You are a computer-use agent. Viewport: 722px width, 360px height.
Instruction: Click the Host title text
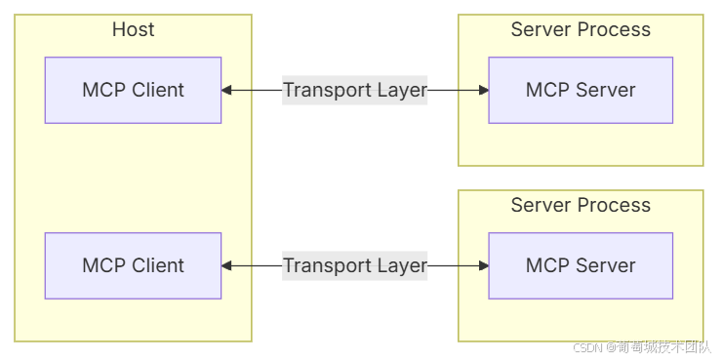pos(133,29)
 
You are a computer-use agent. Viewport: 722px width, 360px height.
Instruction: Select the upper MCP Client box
pos(133,90)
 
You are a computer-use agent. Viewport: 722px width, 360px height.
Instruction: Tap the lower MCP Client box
pos(133,265)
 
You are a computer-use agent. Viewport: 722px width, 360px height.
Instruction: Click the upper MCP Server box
pos(581,90)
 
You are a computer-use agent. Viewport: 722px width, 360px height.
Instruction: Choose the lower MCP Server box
pos(581,265)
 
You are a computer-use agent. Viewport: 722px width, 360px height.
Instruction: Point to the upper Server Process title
pos(581,29)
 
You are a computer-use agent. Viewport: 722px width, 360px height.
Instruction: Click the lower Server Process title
pos(581,205)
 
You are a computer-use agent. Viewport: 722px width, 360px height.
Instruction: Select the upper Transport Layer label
pos(355,90)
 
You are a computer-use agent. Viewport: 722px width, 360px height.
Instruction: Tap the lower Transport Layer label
pos(355,265)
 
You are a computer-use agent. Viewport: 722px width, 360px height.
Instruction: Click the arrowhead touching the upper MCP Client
pos(226,90)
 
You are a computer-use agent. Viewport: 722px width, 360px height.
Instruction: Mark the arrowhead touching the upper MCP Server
pos(484,90)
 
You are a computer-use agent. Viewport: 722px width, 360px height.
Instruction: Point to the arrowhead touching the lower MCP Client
pos(226,265)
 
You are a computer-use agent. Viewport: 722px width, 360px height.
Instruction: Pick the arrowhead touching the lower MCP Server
pos(484,265)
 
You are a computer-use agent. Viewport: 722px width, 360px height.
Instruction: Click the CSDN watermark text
pos(642,346)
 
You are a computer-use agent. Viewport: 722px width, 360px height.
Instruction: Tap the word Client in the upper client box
pos(158,90)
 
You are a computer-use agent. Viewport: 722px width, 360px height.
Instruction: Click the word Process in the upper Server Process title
pos(615,29)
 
